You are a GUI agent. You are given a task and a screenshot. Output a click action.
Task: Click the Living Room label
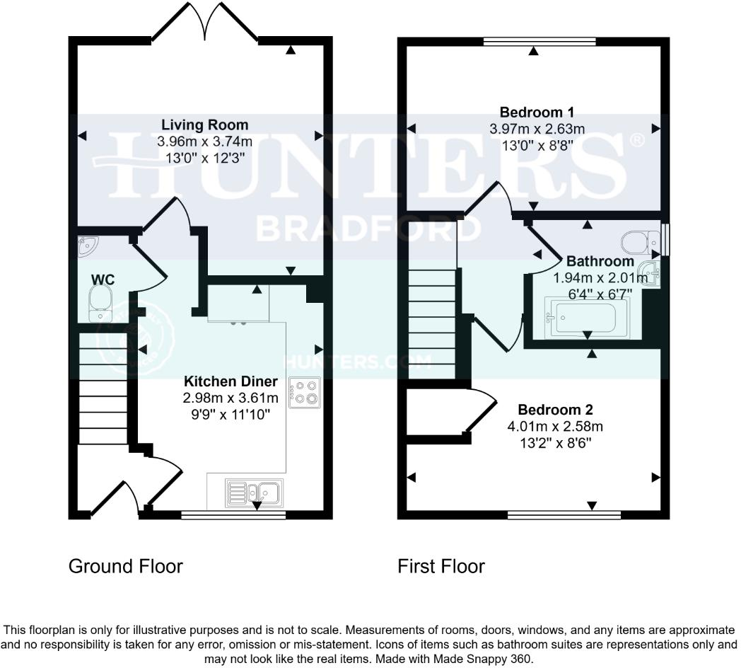tap(204, 125)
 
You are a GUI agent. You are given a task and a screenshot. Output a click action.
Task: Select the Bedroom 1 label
tap(537, 112)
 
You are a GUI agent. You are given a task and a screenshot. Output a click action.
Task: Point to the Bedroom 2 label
tap(555, 410)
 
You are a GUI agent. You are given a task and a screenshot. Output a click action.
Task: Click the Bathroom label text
tap(590, 261)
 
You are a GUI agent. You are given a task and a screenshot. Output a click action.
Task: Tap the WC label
tap(103, 280)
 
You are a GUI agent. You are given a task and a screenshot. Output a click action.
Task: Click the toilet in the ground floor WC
tap(100, 305)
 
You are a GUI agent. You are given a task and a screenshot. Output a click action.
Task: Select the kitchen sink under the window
tap(254, 491)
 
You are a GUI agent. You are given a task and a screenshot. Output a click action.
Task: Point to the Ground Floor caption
tap(125, 566)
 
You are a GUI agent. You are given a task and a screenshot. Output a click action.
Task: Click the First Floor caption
tap(440, 566)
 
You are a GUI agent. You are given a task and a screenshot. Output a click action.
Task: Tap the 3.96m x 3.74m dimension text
tap(204, 142)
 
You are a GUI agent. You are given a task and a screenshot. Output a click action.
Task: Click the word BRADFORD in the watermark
tap(368, 228)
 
